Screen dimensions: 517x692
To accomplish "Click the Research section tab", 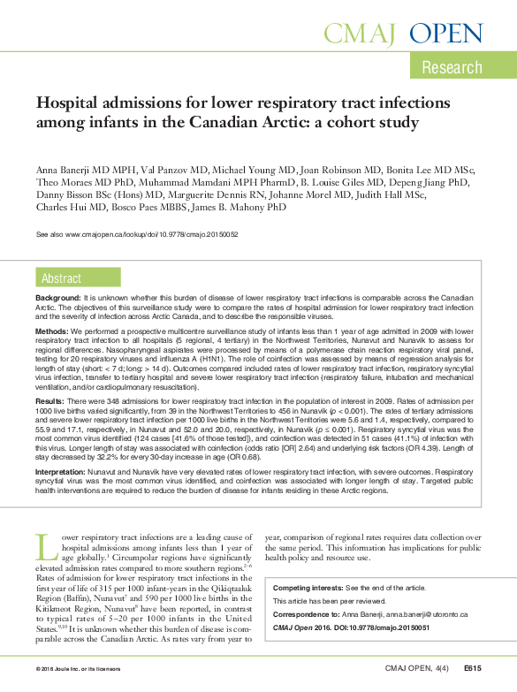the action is click(x=452, y=67).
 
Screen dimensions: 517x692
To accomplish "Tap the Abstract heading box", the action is click(x=61, y=278).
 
